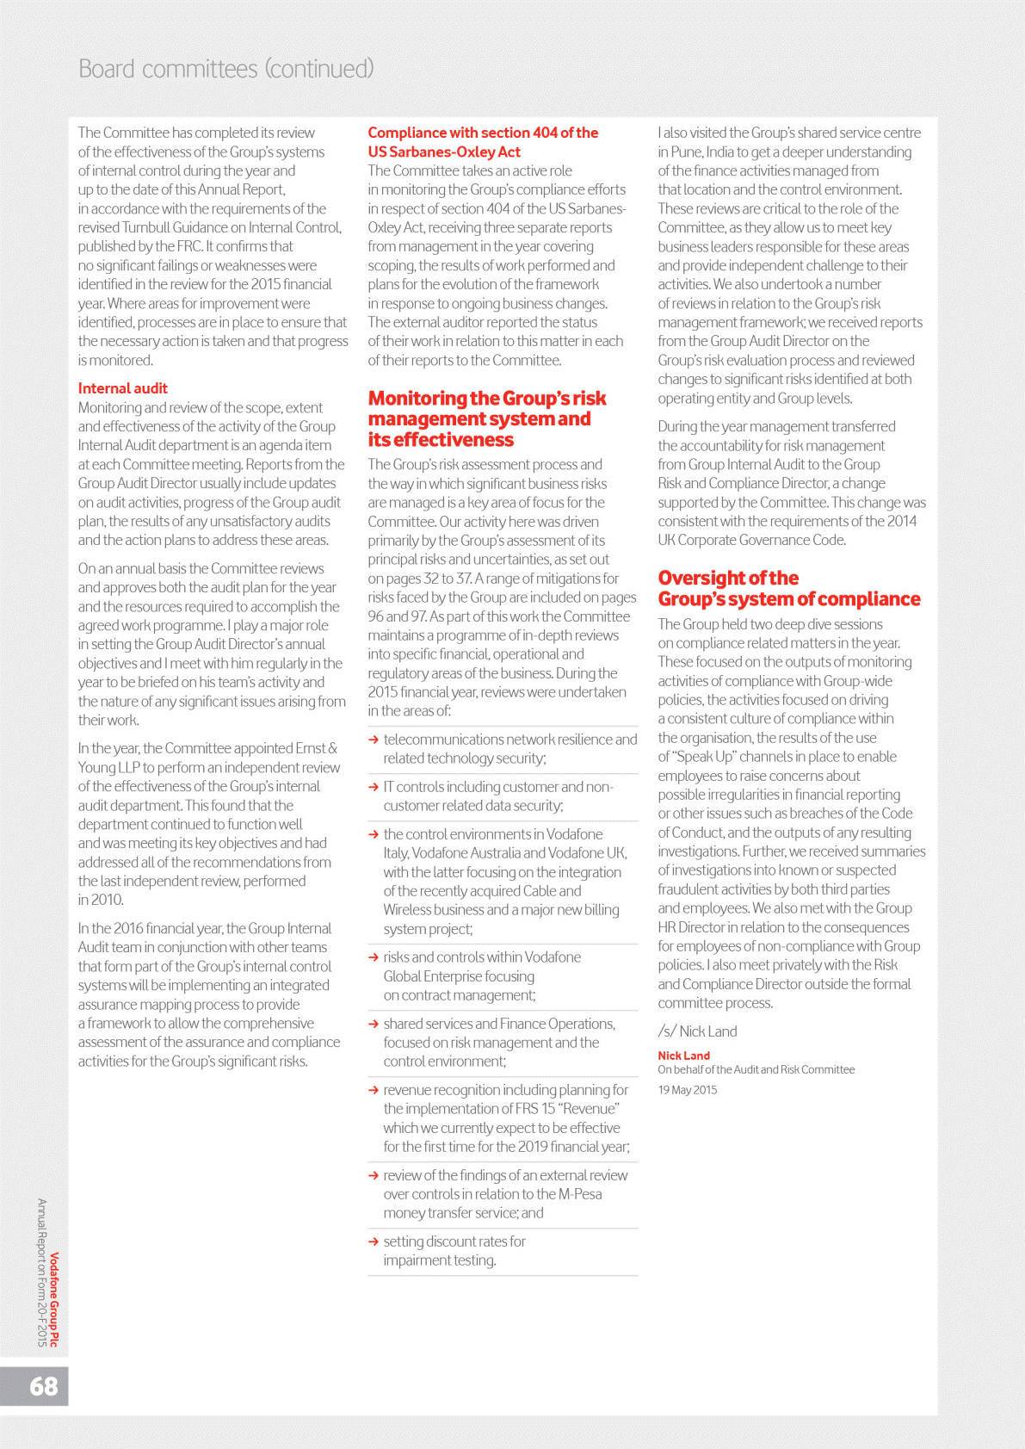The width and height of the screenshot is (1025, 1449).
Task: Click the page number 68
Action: (x=44, y=1386)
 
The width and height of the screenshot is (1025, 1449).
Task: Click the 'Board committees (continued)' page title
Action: (x=225, y=69)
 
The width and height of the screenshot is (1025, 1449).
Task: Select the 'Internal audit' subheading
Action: (x=122, y=388)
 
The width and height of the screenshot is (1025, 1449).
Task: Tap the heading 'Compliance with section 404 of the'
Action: (x=483, y=133)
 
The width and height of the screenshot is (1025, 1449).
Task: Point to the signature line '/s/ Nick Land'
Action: (x=697, y=1031)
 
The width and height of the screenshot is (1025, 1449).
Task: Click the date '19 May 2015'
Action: (x=687, y=1090)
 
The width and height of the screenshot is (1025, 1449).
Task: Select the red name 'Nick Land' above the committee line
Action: (x=683, y=1056)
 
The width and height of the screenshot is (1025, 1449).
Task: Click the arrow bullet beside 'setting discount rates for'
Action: (x=374, y=1242)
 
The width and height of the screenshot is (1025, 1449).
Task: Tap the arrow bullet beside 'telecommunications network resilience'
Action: (x=374, y=740)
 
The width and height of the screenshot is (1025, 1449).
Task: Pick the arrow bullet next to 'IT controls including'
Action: (x=374, y=787)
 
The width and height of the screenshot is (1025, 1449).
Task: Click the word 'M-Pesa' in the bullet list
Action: (x=580, y=1194)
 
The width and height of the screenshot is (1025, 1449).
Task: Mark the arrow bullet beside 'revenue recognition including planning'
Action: (x=374, y=1090)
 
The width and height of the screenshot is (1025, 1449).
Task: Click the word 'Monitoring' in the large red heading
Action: (x=417, y=398)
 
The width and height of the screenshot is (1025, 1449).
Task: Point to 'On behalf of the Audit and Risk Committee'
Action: (x=756, y=1069)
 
